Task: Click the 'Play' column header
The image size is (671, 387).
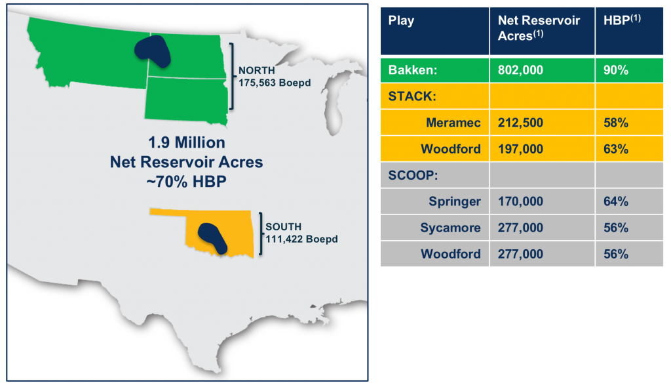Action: tap(401, 21)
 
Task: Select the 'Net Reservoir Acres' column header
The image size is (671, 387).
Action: tap(539, 28)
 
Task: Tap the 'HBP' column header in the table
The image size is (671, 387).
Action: tap(622, 20)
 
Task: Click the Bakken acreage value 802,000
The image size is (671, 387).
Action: tap(520, 70)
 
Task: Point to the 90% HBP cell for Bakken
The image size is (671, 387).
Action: tap(616, 70)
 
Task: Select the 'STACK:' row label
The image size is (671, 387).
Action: tap(412, 96)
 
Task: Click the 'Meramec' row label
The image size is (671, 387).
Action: tap(453, 123)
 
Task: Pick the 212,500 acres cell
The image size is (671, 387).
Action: tap(520, 123)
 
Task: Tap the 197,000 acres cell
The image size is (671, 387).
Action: tap(520, 149)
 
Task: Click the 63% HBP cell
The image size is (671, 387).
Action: tap(616, 149)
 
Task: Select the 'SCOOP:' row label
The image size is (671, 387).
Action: tap(413, 175)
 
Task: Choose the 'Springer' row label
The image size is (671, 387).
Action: tap(455, 201)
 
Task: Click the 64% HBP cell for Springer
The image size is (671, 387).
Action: tap(616, 201)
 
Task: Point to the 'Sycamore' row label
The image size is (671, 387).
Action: tap(450, 228)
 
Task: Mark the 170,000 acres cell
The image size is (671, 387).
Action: tap(520, 201)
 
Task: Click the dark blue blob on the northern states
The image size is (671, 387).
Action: tap(153, 51)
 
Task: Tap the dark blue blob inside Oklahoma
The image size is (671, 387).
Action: tap(212, 237)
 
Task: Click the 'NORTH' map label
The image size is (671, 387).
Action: tap(257, 70)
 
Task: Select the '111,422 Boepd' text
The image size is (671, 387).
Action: tap(301, 239)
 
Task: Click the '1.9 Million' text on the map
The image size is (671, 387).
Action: tap(187, 142)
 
